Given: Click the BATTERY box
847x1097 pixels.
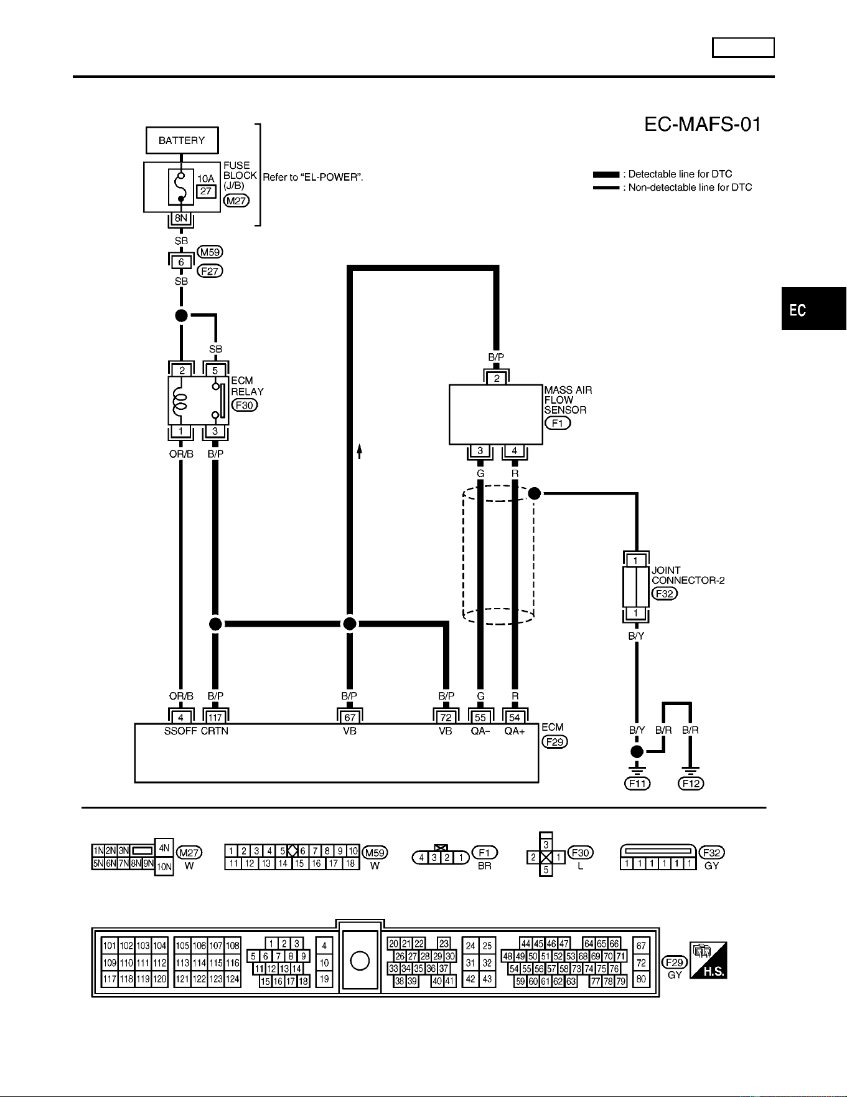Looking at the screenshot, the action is (182, 140).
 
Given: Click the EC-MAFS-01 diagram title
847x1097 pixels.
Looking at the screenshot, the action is (703, 125).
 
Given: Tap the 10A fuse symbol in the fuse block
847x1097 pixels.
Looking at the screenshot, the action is (180, 186).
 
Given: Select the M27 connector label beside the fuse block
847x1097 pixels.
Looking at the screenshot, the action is (236, 201).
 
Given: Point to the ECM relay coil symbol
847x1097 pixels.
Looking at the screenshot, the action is (180, 401).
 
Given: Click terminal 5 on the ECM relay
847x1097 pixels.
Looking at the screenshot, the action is (215, 370).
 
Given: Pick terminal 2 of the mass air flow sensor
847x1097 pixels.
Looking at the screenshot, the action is (497, 378).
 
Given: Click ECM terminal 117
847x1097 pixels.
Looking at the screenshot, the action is (215, 718).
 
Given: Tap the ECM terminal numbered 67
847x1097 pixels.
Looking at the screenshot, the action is (350, 718).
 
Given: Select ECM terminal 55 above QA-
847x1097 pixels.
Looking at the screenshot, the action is (480, 718).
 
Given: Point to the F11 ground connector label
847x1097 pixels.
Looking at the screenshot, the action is (637, 784).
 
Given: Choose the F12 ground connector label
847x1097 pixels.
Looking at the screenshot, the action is (691, 784).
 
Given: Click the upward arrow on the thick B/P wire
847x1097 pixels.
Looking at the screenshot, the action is (360, 450).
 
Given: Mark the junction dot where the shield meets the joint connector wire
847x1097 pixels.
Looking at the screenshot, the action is (534, 493).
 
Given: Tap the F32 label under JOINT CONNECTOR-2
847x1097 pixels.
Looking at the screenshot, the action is (665, 593).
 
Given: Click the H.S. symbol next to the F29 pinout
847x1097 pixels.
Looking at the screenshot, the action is (708, 960).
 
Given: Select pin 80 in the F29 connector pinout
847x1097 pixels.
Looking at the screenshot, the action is (641, 979).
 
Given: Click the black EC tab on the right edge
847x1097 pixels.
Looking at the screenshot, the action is (814, 310).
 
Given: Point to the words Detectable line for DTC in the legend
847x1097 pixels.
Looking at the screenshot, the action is (680, 174).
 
